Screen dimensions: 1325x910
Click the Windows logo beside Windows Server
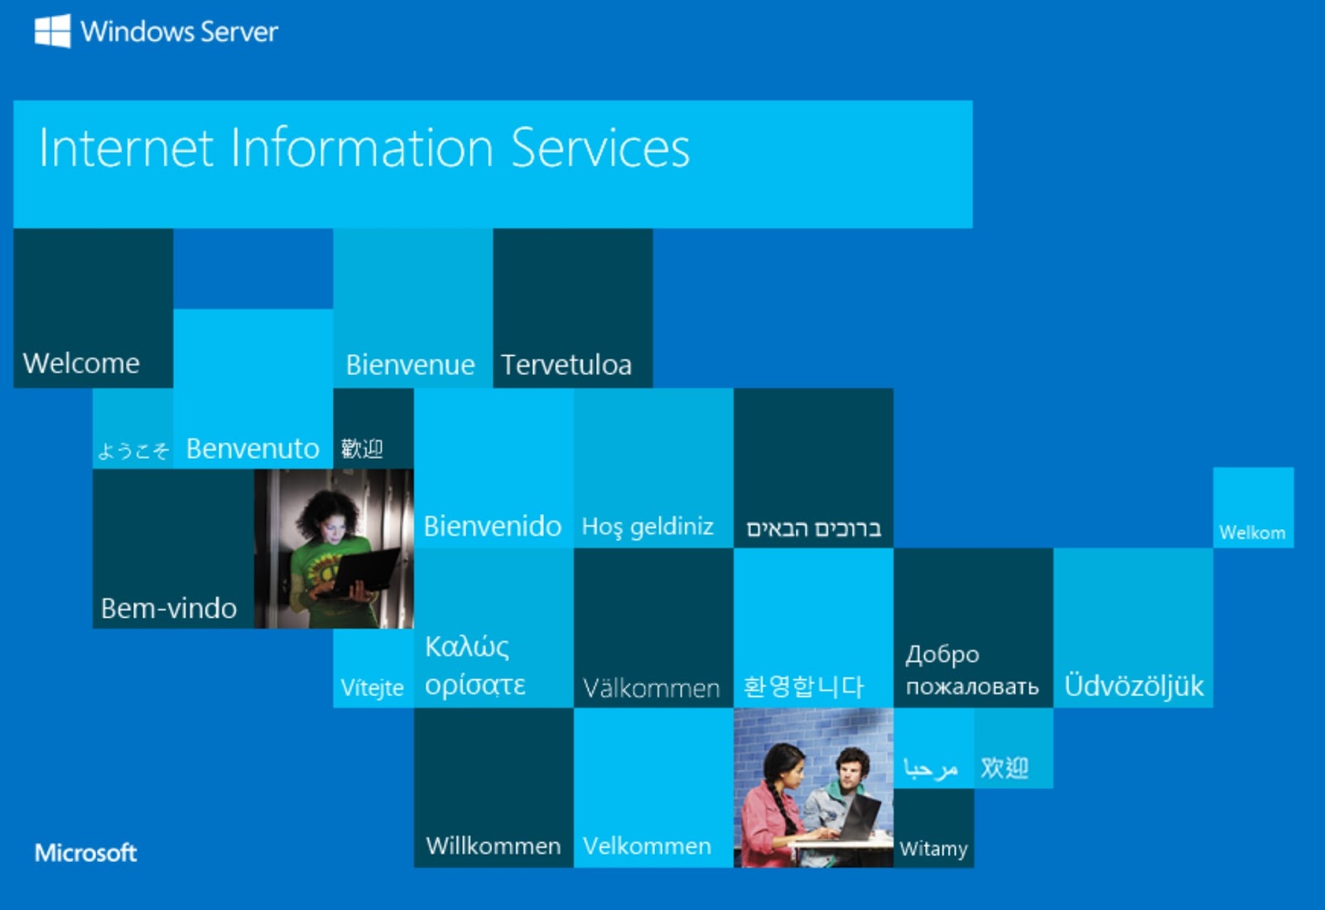pyautogui.click(x=53, y=31)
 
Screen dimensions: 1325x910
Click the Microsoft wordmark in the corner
pyautogui.click(x=86, y=853)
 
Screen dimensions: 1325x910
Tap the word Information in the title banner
pyautogui.click(x=361, y=147)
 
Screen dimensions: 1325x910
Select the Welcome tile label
pyautogui.click(x=81, y=363)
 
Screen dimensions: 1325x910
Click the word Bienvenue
pyautogui.click(x=410, y=364)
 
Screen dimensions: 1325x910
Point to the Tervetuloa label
pyautogui.click(x=566, y=364)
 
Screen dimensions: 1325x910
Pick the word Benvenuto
pyautogui.click(x=253, y=448)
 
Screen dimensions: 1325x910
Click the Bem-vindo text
pyautogui.click(x=169, y=608)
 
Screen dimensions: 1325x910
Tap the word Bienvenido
pyautogui.click(x=492, y=526)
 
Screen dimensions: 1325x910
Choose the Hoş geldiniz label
pyautogui.click(x=648, y=527)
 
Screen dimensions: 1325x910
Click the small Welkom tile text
pyautogui.click(x=1252, y=532)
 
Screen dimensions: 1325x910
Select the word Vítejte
pyautogui.click(x=372, y=687)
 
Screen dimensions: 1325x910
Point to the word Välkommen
pyautogui.click(x=651, y=687)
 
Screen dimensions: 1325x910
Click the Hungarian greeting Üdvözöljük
pyautogui.click(x=1134, y=686)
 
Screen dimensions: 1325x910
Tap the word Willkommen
pyautogui.click(x=494, y=845)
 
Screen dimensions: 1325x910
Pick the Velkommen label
pyautogui.click(x=647, y=845)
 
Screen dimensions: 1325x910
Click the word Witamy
pyautogui.click(x=933, y=849)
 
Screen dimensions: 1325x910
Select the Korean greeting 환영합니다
pyautogui.click(x=803, y=686)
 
